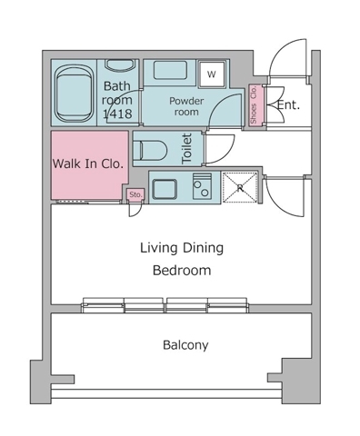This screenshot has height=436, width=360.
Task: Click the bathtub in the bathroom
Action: pyautogui.click(x=74, y=93)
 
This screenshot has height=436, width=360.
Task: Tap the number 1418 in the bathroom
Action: pyautogui.click(x=117, y=114)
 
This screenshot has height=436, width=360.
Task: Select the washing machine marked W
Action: pyautogui.click(x=212, y=74)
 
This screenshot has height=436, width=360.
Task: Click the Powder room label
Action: pyautogui.click(x=186, y=106)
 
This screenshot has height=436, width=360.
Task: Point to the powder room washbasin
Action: pyautogui.click(x=170, y=70)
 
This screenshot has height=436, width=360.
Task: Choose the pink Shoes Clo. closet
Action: pyautogui.click(x=254, y=105)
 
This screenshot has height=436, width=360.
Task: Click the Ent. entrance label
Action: pyautogui.click(x=288, y=105)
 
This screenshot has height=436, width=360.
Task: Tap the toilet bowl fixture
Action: pyautogui.click(x=150, y=150)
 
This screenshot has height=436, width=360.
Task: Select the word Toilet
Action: pyautogui.click(x=187, y=149)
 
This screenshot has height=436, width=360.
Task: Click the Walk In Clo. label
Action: pyautogui.click(x=88, y=163)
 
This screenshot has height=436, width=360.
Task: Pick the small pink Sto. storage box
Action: pyautogui.click(x=135, y=194)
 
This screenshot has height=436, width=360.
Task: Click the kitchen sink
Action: pyautogui.click(x=164, y=189)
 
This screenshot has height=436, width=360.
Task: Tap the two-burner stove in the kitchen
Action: pyautogui.click(x=202, y=186)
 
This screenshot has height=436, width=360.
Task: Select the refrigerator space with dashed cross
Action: pyautogui.click(x=240, y=187)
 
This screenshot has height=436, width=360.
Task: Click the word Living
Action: pyautogui.click(x=159, y=248)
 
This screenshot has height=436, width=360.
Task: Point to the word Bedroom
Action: pyautogui.click(x=182, y=270)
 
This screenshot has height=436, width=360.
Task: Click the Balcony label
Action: pyautogui.click(x=185, y=345)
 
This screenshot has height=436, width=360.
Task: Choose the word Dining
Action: pyautogui.click(x=203, y=248)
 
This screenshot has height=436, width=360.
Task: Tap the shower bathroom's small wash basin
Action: pyautogui.click(x=119, y=65)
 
